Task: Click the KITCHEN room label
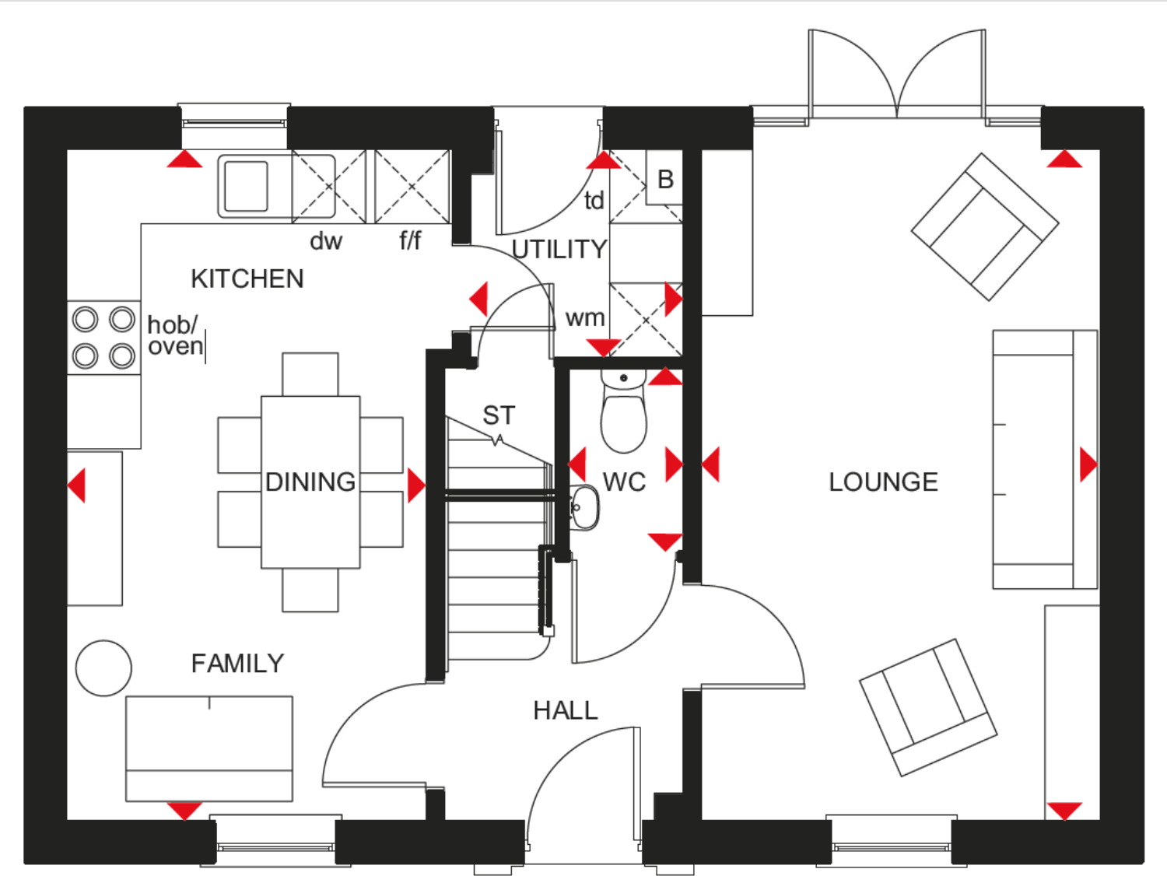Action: tap(247, 279)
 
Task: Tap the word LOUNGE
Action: tap(883, 482)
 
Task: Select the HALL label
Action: tap(566, 710)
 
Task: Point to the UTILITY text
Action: tap(559, 250)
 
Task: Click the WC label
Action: tap(624, 482)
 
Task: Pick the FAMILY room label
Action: tap(237, 664)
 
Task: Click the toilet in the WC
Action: tap(623, 412)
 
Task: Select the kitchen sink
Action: tap(246, 186)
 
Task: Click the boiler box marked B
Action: tap(665, 180)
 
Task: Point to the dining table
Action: tap(310, 482)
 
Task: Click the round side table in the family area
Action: tap(103, 668)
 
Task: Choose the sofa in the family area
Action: tap(209, 748)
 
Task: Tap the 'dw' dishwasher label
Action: tap(326, 241)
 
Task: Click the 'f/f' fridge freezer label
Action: tap(410, 241)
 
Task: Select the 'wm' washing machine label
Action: tap(585, 318)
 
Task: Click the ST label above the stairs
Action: tap(499, 415)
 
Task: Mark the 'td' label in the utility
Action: tap(594, 201)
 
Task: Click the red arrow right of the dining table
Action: tap(416, 485)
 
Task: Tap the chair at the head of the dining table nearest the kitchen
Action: tap(310, 374)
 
